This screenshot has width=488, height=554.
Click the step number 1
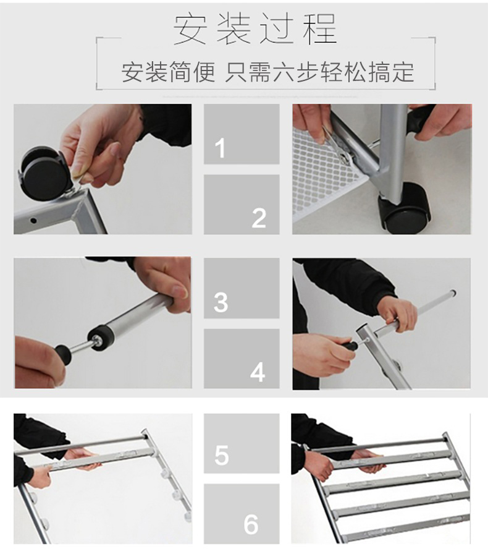tap(220, 148)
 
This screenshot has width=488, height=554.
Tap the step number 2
tap(259, 218)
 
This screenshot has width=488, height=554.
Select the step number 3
tap(221, 302)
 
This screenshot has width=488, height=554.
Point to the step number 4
tap(258, 372)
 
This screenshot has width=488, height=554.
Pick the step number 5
tap(221, 455)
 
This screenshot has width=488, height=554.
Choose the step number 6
tap(251, 525)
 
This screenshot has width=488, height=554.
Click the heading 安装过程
tap(255, 29)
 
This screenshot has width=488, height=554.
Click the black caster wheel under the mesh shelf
tap(405, 208)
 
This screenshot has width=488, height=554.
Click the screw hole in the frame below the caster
tap(33, 221)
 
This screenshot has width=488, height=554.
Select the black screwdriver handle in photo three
tap(63, 354)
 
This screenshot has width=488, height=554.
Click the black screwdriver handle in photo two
tap(421, 120)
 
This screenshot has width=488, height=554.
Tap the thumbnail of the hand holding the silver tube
tap(103, 323)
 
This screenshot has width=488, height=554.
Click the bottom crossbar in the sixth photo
tap(406, 527)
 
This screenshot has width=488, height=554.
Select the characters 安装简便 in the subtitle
tap(168, 72)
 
